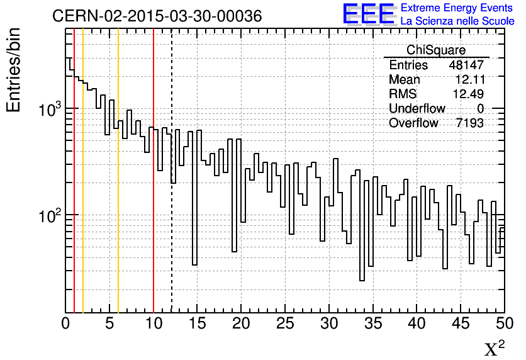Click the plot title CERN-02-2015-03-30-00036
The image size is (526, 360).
pos(157,16)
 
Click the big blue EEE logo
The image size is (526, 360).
pos(368,14)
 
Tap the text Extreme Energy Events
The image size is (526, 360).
pos(457,8)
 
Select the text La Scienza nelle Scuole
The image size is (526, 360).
pos(457,21)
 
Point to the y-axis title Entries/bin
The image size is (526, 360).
pos(13,69)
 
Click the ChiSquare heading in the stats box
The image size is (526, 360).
pos(436,50)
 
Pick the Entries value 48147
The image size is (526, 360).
pos(466,65)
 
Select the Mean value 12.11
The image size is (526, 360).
pos(469,80)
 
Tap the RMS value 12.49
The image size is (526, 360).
pos(469,94)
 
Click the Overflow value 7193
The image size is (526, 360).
pos(469,123)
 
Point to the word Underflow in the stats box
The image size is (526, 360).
pos(417,109)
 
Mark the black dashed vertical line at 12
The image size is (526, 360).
pos(172,252)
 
